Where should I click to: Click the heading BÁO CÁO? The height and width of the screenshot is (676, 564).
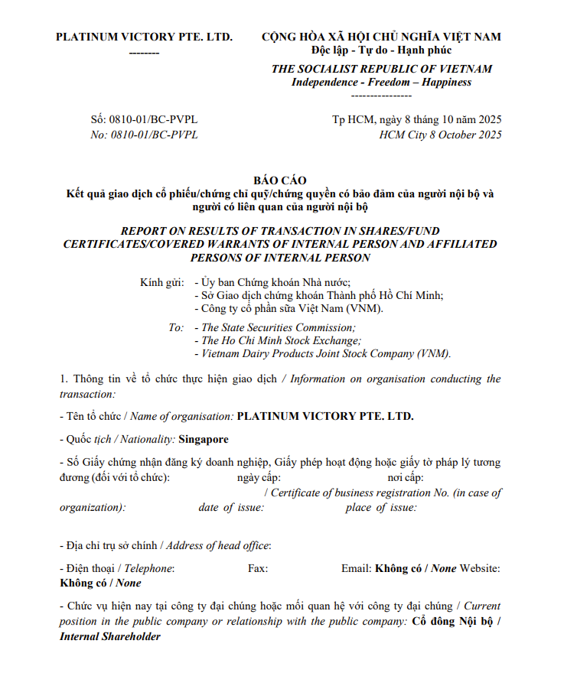[x=279, y=180]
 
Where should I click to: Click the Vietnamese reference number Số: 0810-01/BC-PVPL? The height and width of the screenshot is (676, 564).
[x=144, y=120]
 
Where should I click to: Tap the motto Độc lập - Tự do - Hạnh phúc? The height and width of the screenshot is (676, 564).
[x=381, y=50]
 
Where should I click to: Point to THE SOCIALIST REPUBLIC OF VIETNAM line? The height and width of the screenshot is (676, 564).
[x=381, y=69]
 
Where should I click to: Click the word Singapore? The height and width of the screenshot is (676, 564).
[x=203, y=440]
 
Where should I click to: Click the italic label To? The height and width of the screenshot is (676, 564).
[x=176, y=327]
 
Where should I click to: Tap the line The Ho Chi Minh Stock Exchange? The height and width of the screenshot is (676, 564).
[x=281, y=341]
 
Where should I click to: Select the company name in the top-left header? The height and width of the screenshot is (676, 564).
[x=144, y=37]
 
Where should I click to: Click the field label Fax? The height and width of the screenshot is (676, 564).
[x=258, y=568]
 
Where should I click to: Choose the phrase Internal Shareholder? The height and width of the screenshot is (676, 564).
[x=110, y=636]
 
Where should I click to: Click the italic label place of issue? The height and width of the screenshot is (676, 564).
[x=381, y=508]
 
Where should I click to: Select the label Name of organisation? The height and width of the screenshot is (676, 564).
[x=182, y=417]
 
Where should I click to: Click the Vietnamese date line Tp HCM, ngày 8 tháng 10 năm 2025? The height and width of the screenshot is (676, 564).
[x=416, y=120]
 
